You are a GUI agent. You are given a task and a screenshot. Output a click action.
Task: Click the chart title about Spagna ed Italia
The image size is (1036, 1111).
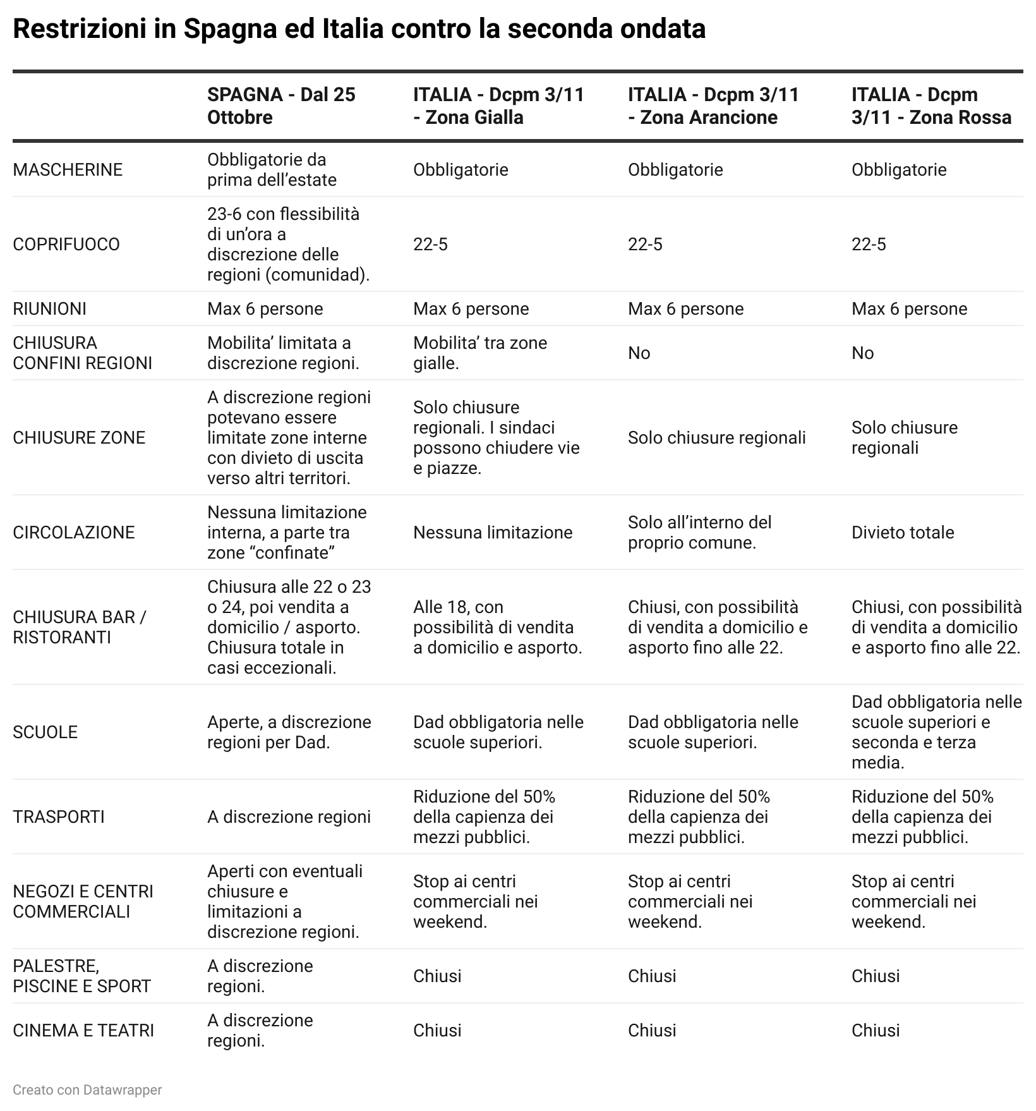(x=359, y=29)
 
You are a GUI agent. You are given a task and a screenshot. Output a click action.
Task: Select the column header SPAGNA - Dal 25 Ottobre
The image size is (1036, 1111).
(x=281, y=106)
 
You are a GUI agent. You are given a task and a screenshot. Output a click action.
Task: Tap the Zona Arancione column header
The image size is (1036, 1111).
(x=713, y=106)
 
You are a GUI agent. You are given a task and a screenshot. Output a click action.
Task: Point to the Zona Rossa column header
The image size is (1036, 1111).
(x=931, y=106)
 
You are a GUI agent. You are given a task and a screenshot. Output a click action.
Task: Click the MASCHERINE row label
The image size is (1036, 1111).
(x=68, y=170)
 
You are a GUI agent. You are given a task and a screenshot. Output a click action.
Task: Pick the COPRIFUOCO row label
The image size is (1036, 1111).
(x=66, y=245)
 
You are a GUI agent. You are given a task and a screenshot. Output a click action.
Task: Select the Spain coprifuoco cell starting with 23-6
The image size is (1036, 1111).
(x=288, y=245)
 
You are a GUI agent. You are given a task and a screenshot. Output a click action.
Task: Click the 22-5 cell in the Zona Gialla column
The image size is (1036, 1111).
(x=430, y=245)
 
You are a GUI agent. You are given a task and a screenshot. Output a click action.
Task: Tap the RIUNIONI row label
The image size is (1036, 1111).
(x=50, y=309)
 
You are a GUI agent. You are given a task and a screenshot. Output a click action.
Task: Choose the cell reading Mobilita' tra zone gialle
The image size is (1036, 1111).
(x=480, y=353)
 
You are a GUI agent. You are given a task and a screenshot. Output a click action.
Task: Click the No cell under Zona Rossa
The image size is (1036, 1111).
(x=862, y=353)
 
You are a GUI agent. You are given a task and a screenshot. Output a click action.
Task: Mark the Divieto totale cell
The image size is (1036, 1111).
(x=902, y=533)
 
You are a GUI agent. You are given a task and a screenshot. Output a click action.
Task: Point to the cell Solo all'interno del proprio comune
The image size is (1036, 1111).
(x=699, y=533)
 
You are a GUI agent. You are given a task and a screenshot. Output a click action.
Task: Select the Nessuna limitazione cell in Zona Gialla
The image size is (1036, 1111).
(x=493, y=533)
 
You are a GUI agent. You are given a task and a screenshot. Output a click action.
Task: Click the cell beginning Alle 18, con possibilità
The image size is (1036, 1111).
(x=497, y=628)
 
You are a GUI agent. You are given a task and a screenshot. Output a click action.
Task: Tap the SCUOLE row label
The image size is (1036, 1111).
(x=45, y=732)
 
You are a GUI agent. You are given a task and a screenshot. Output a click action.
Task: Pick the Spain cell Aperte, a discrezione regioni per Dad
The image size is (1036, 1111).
(x=289, y=732)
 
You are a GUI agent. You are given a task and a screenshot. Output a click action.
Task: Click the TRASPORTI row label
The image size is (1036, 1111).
(x=59, y=817)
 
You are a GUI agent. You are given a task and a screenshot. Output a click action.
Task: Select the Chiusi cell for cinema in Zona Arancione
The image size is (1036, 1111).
(x=652, y=1031)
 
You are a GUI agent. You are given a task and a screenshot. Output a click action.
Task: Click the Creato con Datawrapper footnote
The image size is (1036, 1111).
(x=87, y=1090)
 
